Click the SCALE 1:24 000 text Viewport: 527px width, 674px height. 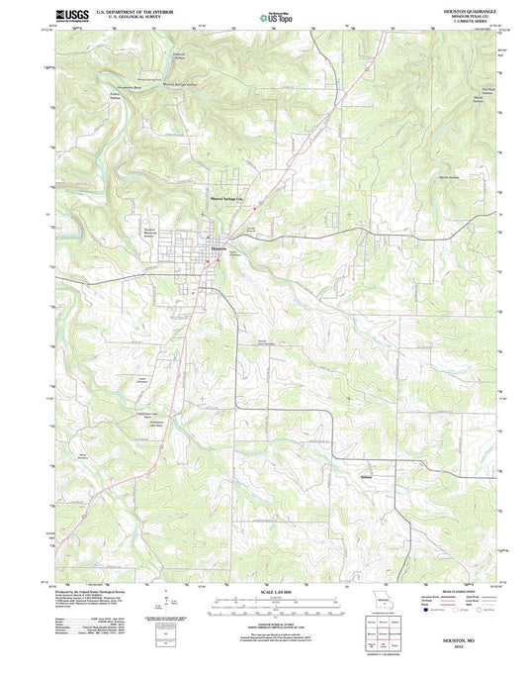click(263, 590)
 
